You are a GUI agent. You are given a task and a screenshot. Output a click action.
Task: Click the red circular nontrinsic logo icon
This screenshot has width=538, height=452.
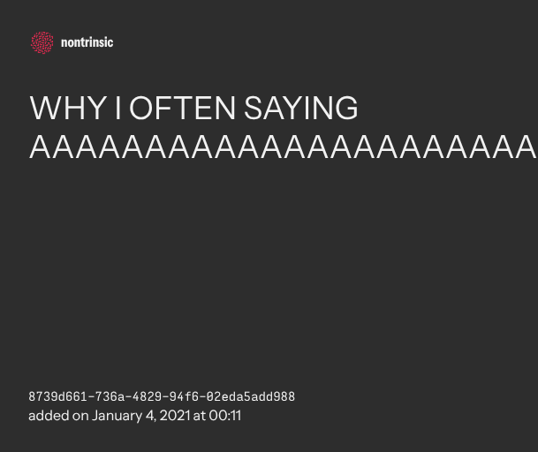42,42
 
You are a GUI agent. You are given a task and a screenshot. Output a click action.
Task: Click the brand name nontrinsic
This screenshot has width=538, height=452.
87,42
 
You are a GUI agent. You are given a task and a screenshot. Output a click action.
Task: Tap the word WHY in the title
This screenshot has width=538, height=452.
68,108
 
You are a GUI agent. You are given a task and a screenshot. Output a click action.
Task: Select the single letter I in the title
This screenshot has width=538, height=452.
118,108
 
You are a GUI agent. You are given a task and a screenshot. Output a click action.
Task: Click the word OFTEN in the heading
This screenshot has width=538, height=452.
183,108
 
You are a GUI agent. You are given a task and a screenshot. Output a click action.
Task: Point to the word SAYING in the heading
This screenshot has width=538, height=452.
301,108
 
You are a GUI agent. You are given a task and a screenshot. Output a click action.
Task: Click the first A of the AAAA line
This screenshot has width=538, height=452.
41,147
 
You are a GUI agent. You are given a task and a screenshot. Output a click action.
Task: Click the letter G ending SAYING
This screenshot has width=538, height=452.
346,108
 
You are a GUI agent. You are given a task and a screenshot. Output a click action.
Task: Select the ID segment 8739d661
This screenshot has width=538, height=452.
57,396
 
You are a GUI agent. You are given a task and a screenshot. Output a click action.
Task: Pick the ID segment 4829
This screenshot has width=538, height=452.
147,396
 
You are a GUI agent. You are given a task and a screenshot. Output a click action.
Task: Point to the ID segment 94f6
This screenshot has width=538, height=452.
185,396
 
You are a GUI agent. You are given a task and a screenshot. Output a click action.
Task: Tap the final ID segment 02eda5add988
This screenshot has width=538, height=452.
251,396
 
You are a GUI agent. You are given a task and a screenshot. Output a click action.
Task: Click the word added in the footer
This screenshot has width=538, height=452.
49,416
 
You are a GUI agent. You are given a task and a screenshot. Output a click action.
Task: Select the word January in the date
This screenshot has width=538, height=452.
117,417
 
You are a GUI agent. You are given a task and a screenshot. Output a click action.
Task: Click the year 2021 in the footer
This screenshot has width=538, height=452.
175,416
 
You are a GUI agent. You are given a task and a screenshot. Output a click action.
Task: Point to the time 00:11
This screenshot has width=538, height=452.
225,416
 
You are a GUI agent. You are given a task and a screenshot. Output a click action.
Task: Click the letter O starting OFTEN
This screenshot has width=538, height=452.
141,108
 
